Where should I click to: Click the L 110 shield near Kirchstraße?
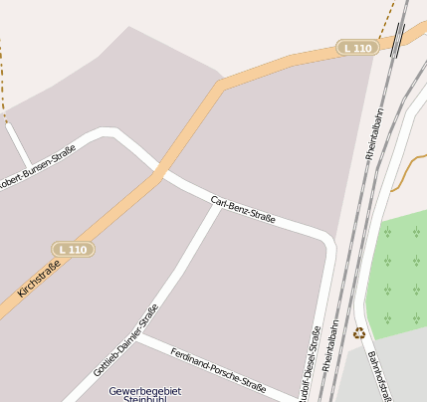point(73,249)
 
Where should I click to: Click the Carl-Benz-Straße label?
point(243,209)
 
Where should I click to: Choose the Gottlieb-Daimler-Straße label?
point(125,340)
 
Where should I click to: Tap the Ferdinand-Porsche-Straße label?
point(218,370)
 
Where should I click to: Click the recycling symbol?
point(359,333)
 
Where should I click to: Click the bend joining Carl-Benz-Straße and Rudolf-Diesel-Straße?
point(328,244)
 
